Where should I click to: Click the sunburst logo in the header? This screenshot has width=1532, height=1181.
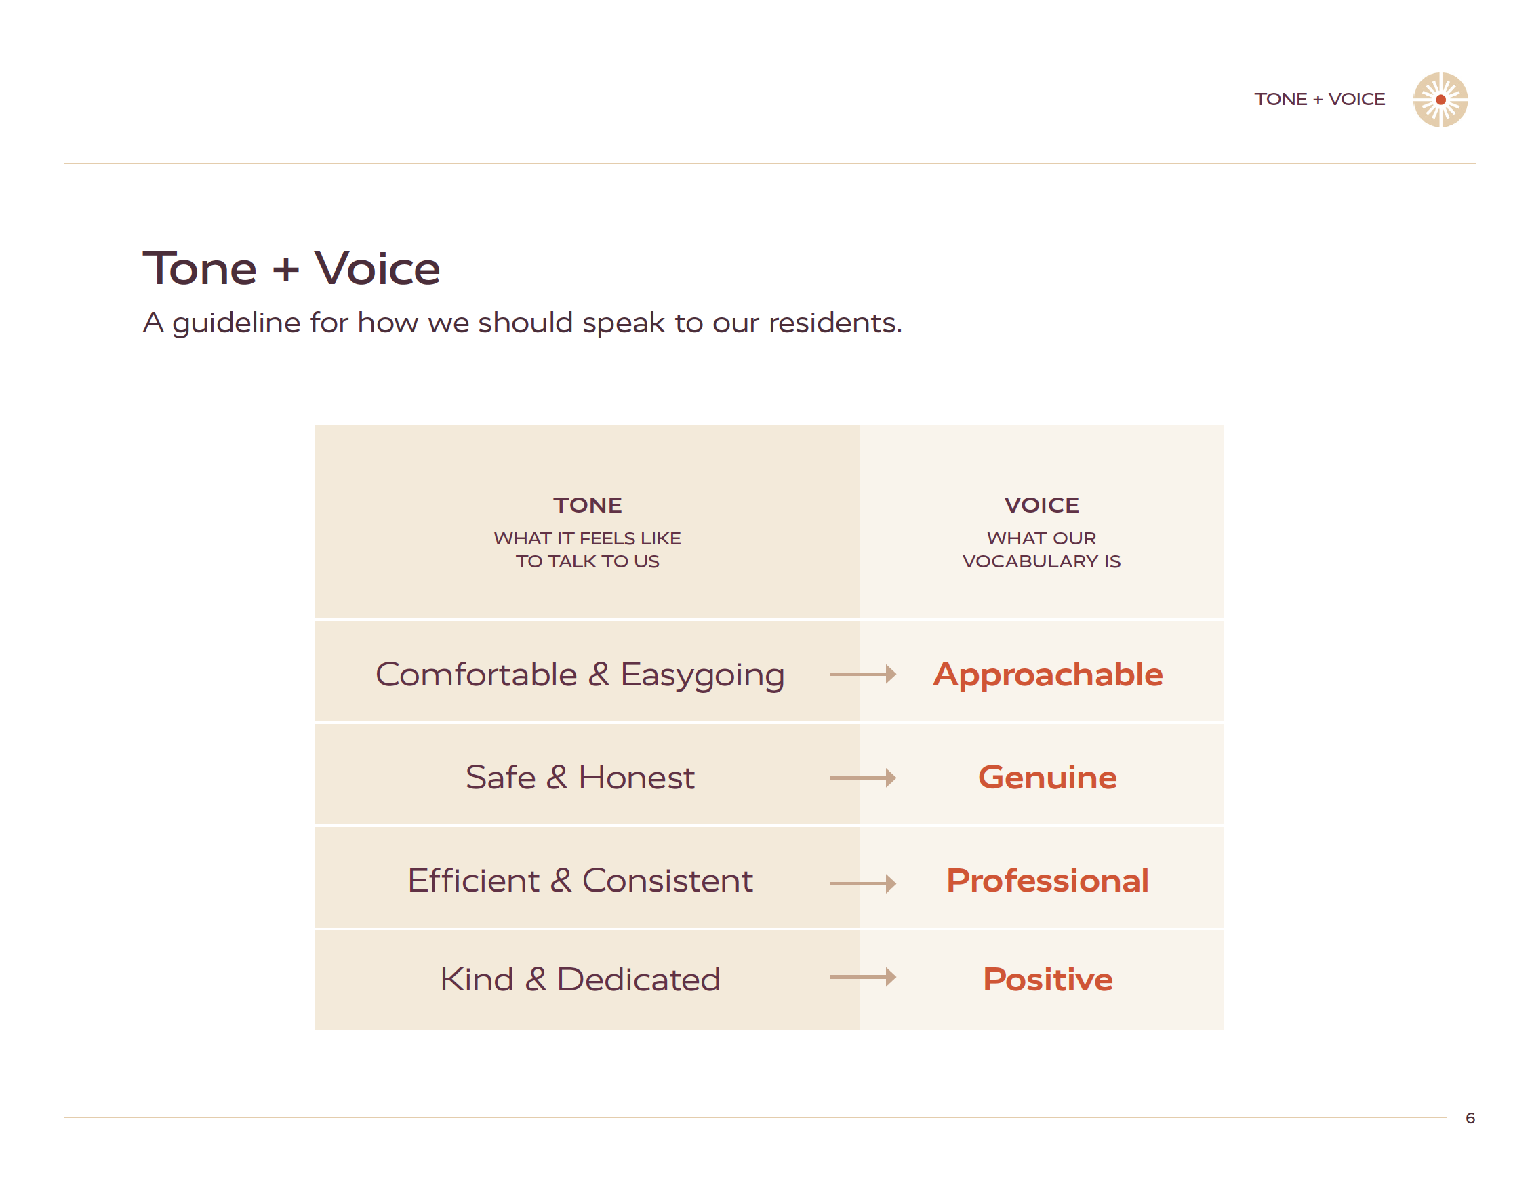point(1440,100)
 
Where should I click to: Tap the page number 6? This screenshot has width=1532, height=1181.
point(1470,1118)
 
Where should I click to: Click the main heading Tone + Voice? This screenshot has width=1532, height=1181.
point(291,268)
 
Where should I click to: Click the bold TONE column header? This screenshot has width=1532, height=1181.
point(587,505)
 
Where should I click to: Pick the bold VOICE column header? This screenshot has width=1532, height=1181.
point(1042,505)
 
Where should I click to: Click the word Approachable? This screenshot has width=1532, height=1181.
point(1047,675)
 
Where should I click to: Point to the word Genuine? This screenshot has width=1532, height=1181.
point(1047,778)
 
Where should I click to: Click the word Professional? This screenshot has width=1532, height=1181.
point(1047,881)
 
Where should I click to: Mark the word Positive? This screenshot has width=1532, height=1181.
point(1047,980)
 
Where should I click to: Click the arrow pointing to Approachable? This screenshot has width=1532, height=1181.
point(863,675)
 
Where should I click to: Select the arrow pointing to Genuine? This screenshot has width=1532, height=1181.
point(863,778)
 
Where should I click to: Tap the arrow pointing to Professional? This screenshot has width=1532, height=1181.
point(863,883)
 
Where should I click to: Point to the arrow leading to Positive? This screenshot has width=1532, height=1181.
point(863,977)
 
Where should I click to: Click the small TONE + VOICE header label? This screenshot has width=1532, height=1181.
point(1319,100)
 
